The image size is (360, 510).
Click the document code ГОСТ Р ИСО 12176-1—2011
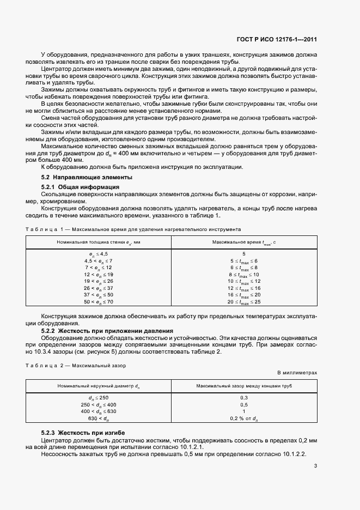coord(277,39)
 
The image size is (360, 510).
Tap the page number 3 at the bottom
coord(316,465)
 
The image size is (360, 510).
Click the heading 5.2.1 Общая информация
coord(72,187)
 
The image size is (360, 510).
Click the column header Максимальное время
coord(243,241)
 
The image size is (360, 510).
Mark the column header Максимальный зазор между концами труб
coord(244,386)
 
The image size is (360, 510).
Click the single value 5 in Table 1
coord(244,254)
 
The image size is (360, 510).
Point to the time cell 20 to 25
coord(244,301)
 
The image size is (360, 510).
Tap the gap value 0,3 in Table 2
coord(244,398)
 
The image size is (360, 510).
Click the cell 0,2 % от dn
coord(244,418)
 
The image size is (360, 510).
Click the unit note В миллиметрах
coord(297,373)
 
